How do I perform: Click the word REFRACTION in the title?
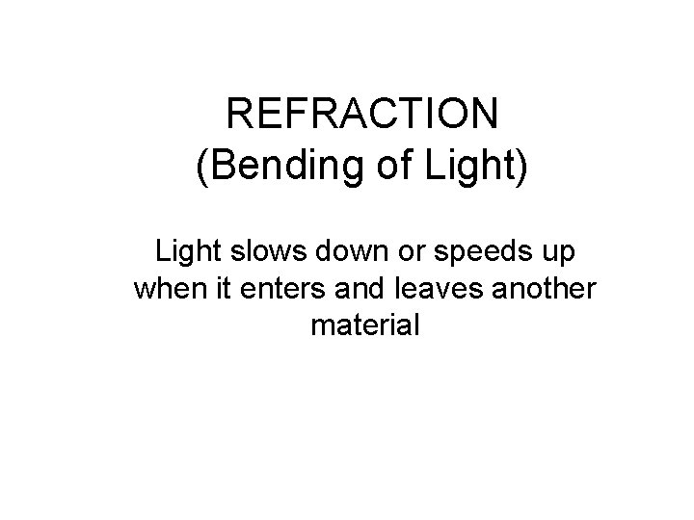pyautogui.click(x=363, y=117)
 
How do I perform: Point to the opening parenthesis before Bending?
pyautogui.click(x=201, y=170)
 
